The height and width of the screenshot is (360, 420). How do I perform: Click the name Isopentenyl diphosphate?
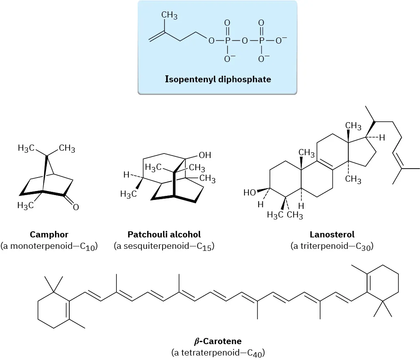click(x=218, y=79)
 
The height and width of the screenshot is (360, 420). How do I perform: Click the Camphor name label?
click(x=49, y=235)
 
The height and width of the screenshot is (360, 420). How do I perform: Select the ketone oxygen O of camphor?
click(x=76, y=208)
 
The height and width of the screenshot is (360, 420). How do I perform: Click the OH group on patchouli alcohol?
click(x=205, y=155)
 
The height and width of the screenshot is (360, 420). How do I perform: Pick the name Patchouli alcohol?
click(x=164, y=235)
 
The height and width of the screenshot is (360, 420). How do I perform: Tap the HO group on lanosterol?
click(x=250, y=193)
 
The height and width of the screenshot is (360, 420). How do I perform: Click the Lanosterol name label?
click(x=332, y=235)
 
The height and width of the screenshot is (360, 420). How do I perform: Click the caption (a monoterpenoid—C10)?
click(x=49, y=246)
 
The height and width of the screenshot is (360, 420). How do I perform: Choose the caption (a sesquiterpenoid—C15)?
click(x=164, y=246)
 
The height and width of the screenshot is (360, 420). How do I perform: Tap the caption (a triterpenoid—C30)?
click(x=332, y=246)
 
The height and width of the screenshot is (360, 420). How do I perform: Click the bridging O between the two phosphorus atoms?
click(x=244, y=41)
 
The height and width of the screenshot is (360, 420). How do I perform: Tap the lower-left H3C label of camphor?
click(x=25, y=206)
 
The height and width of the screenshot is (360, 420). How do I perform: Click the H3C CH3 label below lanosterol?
click(x=285, y=215)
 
